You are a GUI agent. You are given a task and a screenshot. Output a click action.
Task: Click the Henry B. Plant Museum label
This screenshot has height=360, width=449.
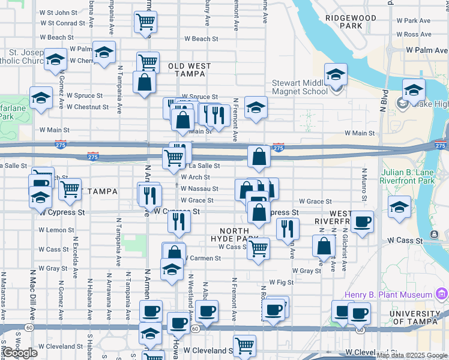[x=388, y=295]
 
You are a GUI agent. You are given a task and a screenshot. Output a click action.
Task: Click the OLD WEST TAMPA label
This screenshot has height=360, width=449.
[x=186, y=70]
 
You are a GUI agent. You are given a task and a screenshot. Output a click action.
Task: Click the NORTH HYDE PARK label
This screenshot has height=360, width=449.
[x=243, y=235]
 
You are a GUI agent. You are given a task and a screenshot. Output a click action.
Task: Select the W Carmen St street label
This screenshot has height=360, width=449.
[x=203, y=258]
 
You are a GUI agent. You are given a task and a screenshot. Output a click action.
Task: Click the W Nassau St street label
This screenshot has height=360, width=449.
[x=199, y=188]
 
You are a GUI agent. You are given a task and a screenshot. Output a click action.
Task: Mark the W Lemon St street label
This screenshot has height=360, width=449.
[x=56, y=230]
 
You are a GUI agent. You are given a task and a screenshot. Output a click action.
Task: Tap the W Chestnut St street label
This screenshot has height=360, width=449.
[x=88, y=107]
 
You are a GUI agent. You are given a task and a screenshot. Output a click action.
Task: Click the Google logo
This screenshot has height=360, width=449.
[x=20, y=353]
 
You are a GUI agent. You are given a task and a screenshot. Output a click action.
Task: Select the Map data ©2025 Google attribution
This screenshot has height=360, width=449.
[x=412, y=355]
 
